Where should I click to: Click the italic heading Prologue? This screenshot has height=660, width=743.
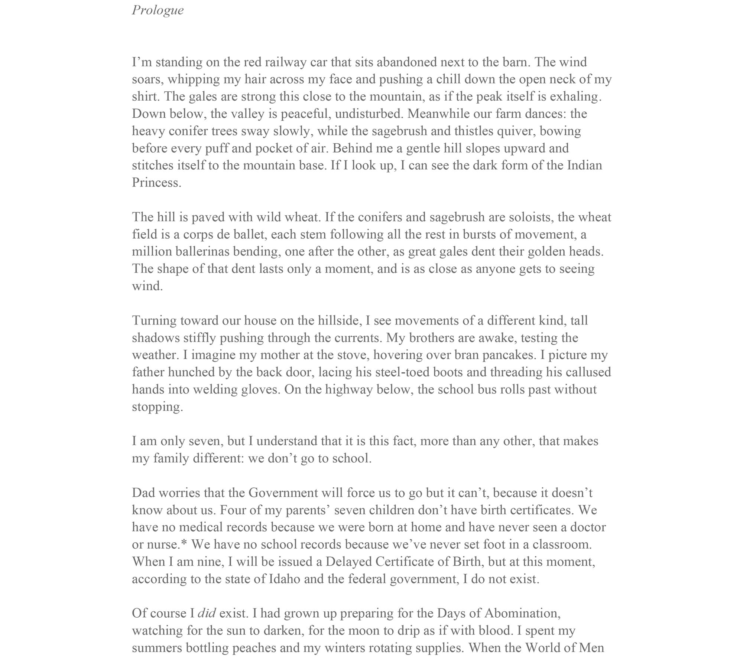tap(158, 10)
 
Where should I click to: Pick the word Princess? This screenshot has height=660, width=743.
tap(156, 183)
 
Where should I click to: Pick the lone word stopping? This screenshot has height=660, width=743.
tap(158, 407)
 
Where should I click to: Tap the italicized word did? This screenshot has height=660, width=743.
tap(207, 613)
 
